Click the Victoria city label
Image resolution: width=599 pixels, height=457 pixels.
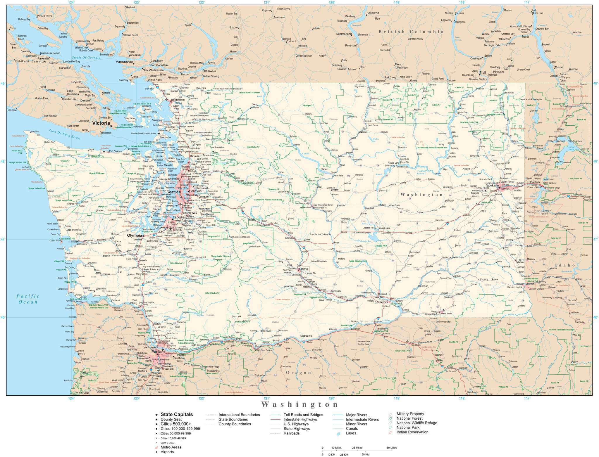click(x=101, y=123)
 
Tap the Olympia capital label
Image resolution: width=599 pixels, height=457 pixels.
click(x=134, y=235)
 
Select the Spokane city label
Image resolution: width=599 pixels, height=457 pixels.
click(x=492, y=185)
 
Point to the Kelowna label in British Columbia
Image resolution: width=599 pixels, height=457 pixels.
click(x=373, y=13)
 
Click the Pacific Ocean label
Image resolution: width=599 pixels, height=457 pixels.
click(x=28, y=299)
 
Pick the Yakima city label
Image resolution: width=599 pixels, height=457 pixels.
click(x=304, y=269)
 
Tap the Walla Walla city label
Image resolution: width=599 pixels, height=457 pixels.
click(x=446, y=313)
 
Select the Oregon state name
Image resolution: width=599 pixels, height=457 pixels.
click(x=299, y=373)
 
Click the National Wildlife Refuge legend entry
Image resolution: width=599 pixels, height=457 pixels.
click(x=417, y=423)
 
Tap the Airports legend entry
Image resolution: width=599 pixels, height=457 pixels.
click(x=167, y=452)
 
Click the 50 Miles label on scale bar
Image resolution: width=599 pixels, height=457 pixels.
click(x=392, y=448)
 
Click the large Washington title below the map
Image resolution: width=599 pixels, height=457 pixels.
click(x=299, y=405)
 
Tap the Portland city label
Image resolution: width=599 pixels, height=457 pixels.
click(x=158, y=352)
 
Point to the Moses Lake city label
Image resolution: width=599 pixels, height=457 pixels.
click(x=385, y=228)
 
